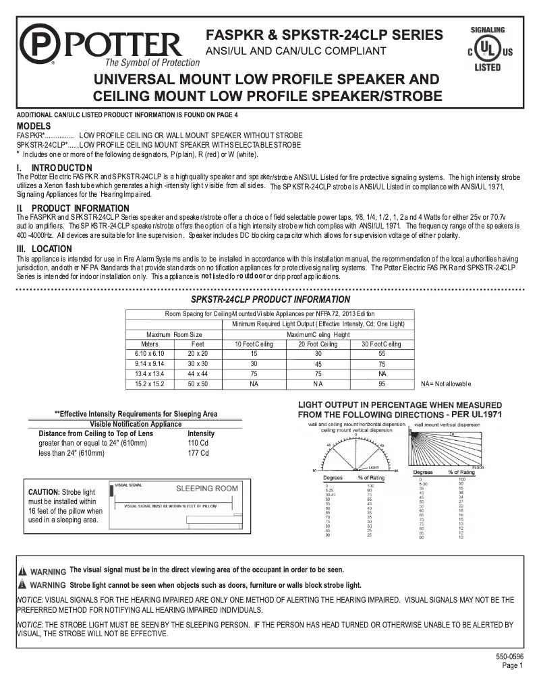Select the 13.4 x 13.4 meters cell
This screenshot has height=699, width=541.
coord(150,373)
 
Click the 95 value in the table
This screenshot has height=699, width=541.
coord(382,384)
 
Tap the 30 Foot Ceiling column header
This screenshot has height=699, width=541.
coord(382,344)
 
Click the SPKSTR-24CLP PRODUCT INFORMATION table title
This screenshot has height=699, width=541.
coord(271,299)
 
